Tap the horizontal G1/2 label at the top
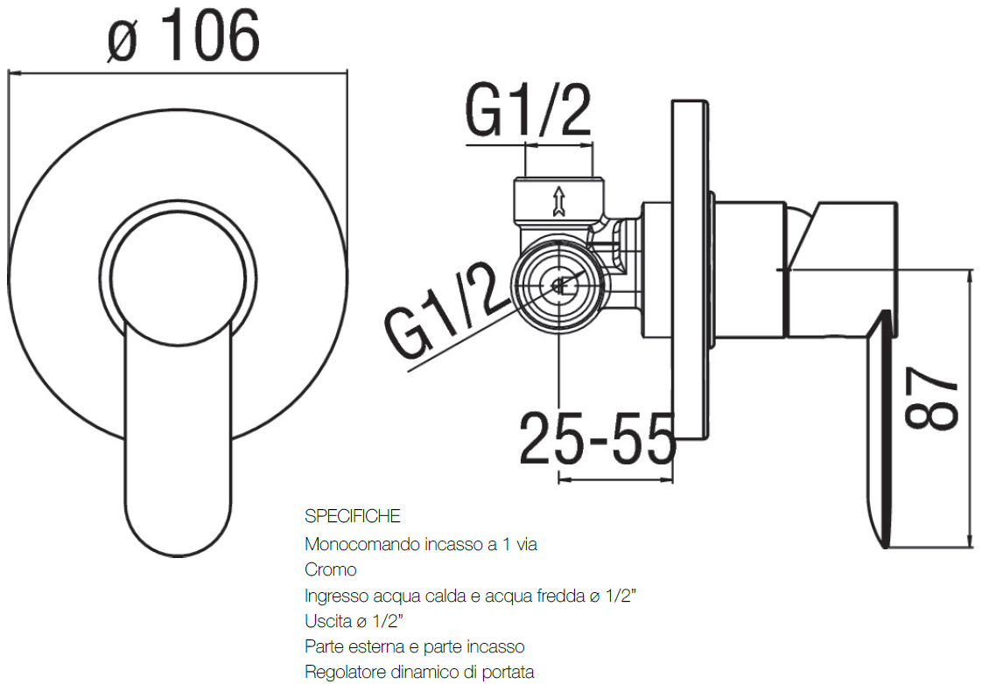528,112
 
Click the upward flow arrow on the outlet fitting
558,200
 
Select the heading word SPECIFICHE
353,516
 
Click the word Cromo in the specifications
331,570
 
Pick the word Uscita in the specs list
326,622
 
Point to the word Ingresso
334,597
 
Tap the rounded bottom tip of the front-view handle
179,542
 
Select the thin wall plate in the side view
688,271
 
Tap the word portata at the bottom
507,673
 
